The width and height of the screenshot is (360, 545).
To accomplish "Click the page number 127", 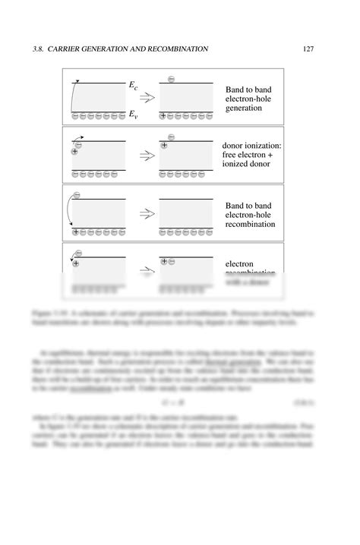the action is tap(308, 49).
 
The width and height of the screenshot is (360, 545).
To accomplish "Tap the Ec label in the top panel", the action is tap(133, 87).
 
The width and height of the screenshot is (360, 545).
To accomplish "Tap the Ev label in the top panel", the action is tap(133, 115).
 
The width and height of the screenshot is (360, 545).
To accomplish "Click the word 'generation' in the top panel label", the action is tap(244, 109).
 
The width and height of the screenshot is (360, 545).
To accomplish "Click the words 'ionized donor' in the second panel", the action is tap(248, 165).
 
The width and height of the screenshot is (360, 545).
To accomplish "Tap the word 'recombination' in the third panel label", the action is tap(251, 225).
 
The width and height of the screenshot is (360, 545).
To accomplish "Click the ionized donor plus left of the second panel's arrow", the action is tap(74, 152).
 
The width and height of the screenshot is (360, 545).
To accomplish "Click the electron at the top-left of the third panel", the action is tap(76, 195).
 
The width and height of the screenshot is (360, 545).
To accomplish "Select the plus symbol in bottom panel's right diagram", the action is tap(164, 261).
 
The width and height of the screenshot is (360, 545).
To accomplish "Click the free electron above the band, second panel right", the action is tap(171, 137).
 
